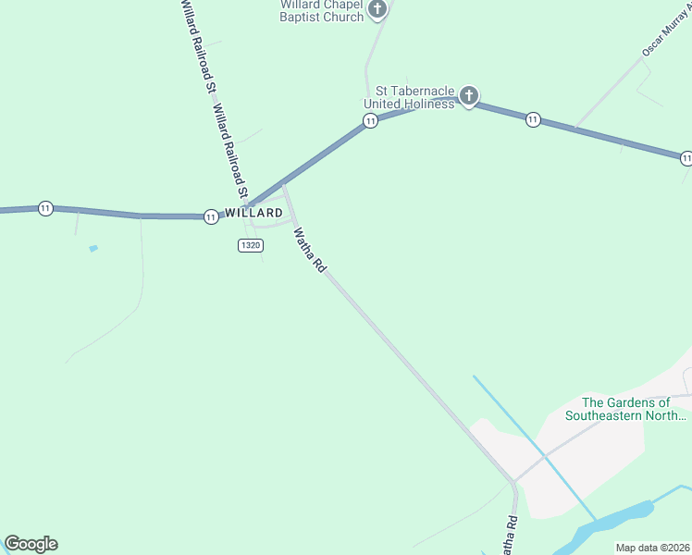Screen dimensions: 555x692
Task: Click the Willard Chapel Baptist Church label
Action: tap(322, 10)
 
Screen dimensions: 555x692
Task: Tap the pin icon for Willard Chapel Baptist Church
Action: tap(377, 9)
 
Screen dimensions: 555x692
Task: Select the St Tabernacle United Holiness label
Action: tap(409, 97)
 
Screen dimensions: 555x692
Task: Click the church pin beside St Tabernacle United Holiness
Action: tap(469, 95)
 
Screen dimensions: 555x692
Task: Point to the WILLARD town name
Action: tap(253, 213)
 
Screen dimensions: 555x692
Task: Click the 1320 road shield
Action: tap(250, 245)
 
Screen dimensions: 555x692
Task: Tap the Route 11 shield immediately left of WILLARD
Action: tap(211, 216)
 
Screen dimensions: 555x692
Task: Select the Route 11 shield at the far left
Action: tap(45, 208)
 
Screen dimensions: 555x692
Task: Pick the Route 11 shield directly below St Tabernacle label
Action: tap(370, 121)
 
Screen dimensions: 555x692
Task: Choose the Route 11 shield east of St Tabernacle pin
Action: tap(533, 119)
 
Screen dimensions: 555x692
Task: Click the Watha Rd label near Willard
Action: tap(310, 251)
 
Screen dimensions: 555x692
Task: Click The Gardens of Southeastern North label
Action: tap(626, 409)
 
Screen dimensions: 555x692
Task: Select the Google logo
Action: tap(31, 544)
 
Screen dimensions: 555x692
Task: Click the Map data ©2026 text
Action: tap(652, 548)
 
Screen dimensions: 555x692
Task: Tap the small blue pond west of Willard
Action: tap(93, 248)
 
